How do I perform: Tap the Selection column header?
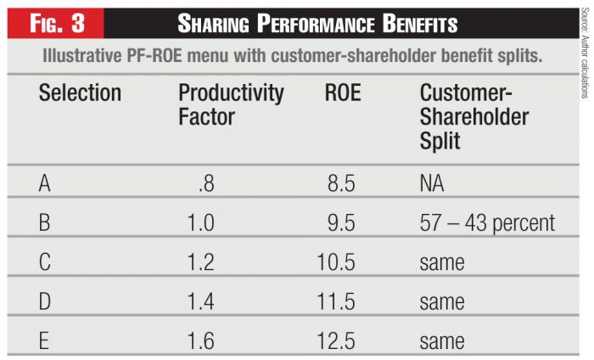click(80, 93)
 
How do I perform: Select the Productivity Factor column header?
click(231, 104)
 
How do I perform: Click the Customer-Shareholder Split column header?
click(474, 116)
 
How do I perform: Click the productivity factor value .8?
click(205, 183)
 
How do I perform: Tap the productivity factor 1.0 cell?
click(201, 222)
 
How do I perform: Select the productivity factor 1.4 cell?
click(201, 302)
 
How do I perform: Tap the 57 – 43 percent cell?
click(487, 222)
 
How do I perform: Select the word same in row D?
click(441, 302)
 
